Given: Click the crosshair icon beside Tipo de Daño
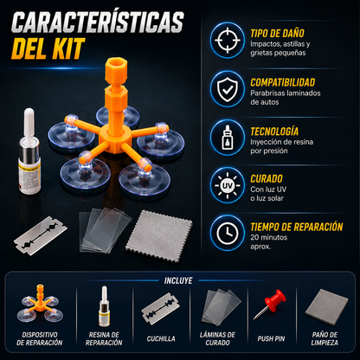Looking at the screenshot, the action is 228,40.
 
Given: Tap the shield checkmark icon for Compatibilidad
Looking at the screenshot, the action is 228,89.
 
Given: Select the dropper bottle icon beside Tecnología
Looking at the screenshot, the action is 228,138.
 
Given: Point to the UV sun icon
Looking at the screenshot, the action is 228,186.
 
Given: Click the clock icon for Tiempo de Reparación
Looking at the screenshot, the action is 228,233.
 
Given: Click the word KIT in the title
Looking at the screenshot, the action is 68,48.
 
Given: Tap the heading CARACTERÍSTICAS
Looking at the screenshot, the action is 98,22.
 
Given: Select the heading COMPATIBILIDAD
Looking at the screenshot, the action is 282,82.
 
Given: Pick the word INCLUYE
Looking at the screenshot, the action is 178,280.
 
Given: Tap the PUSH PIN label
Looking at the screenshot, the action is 271,338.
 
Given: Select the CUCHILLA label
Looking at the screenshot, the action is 161,338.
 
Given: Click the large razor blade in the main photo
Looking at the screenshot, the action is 41,235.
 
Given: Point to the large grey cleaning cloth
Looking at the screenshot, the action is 159,236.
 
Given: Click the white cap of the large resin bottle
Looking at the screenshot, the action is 29,123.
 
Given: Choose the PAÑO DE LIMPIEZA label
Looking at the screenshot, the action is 325,338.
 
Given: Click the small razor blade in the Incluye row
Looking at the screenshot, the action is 160,309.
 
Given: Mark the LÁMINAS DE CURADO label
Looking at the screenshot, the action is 217,338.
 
